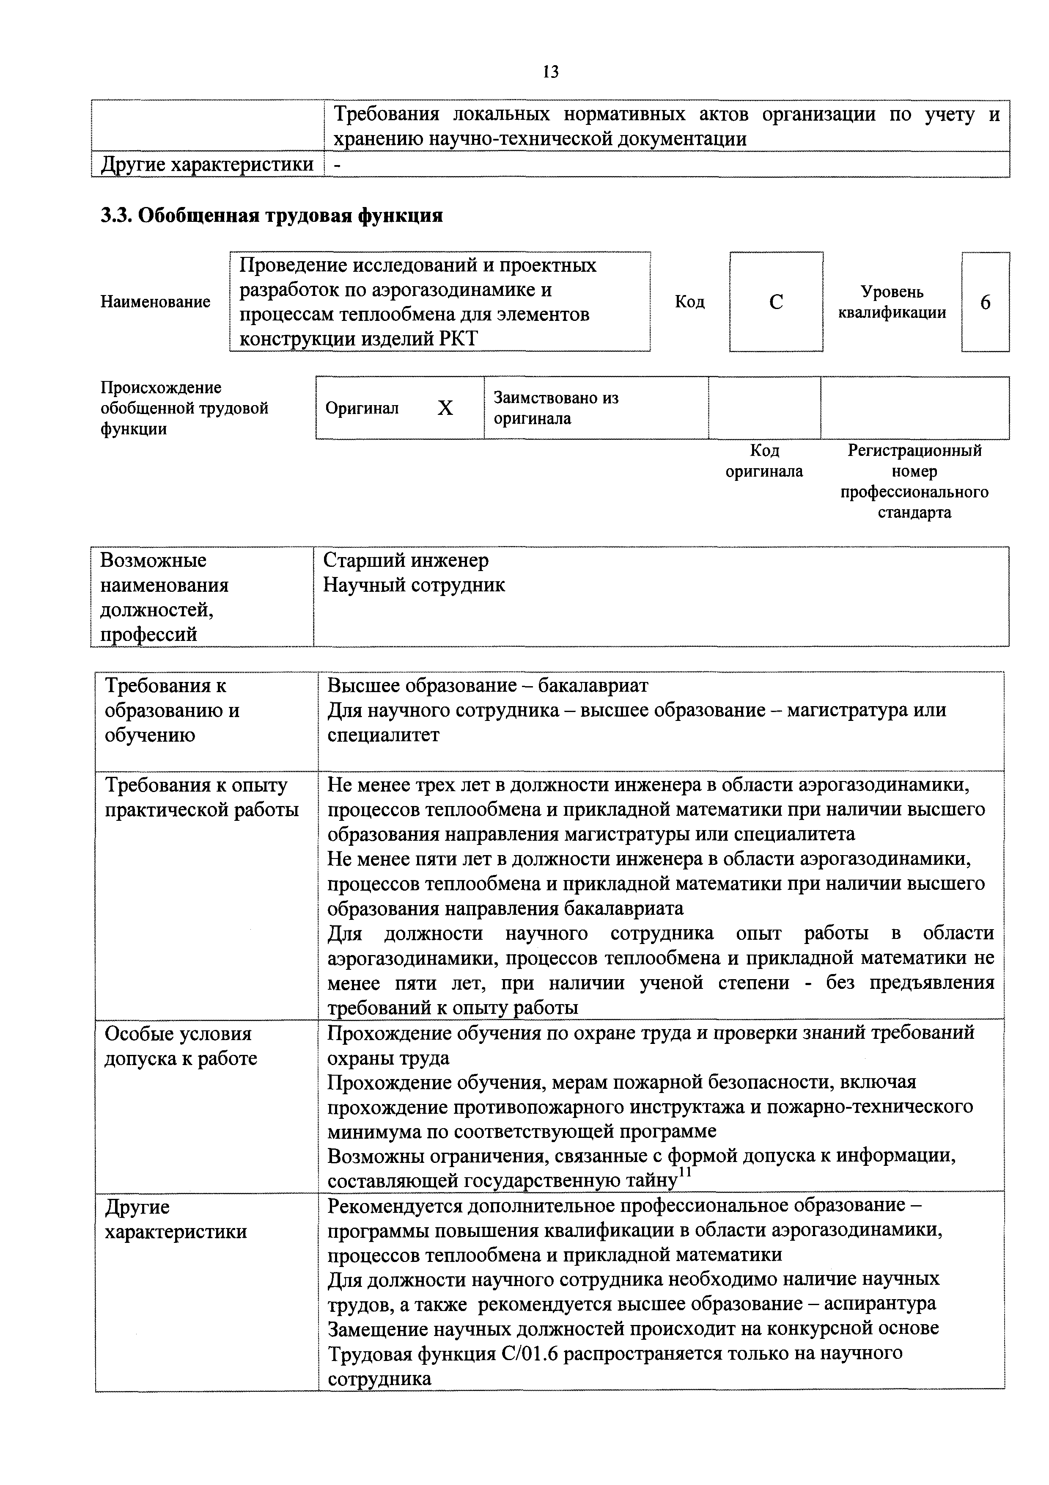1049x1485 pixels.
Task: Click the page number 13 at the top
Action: [551, 72]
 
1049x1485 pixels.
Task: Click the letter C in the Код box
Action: [776, 302]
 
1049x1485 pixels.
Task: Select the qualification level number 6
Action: [986, 302]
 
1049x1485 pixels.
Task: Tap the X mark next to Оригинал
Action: [445, 408]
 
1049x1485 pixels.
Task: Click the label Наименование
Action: [155, 302]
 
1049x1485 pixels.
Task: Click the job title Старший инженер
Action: [406, 560]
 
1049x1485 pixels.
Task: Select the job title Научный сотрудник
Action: [414, 585]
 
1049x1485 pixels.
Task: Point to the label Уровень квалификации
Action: [892, 302]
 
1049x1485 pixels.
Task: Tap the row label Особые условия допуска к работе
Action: [181, 1046]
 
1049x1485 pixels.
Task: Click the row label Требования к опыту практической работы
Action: [202, 798]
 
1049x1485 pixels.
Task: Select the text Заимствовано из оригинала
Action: [556, 408]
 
